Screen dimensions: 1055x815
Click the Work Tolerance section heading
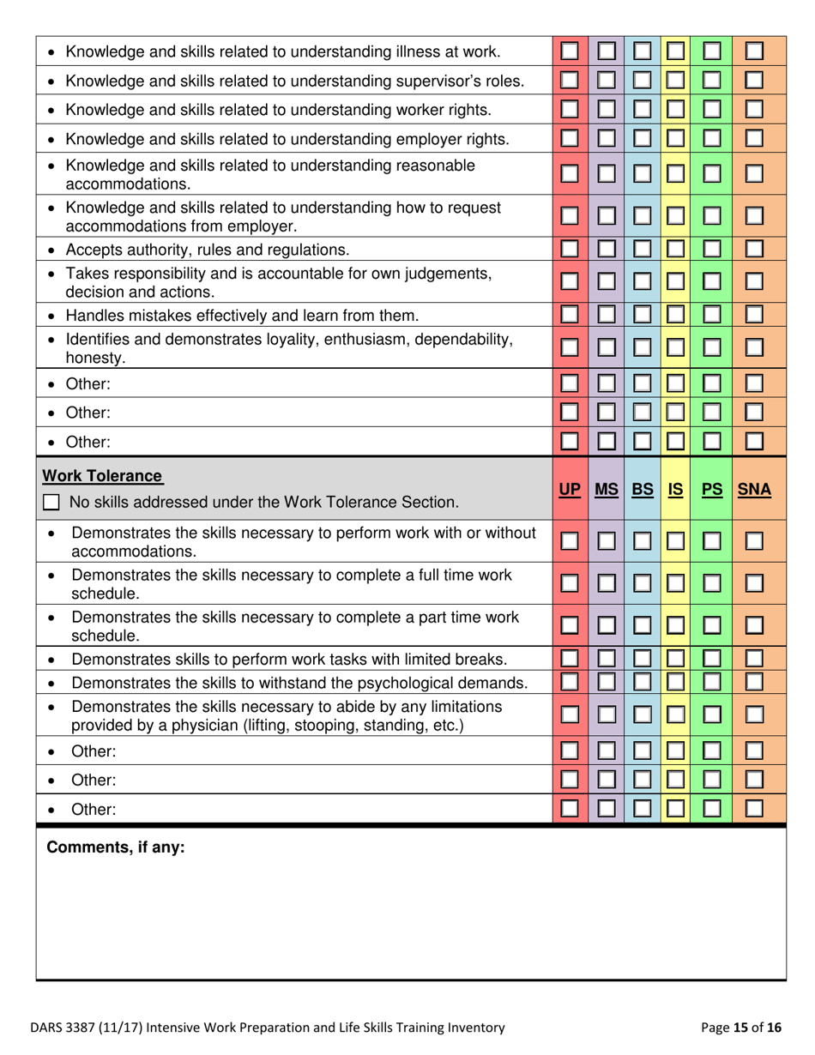104,474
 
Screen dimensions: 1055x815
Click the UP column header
568,490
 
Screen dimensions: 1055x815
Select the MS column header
607,490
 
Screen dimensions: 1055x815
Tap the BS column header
643,490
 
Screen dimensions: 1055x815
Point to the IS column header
677,490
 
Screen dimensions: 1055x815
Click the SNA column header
755,490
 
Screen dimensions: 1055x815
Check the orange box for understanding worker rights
755,111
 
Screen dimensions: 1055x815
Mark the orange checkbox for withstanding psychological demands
755,683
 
